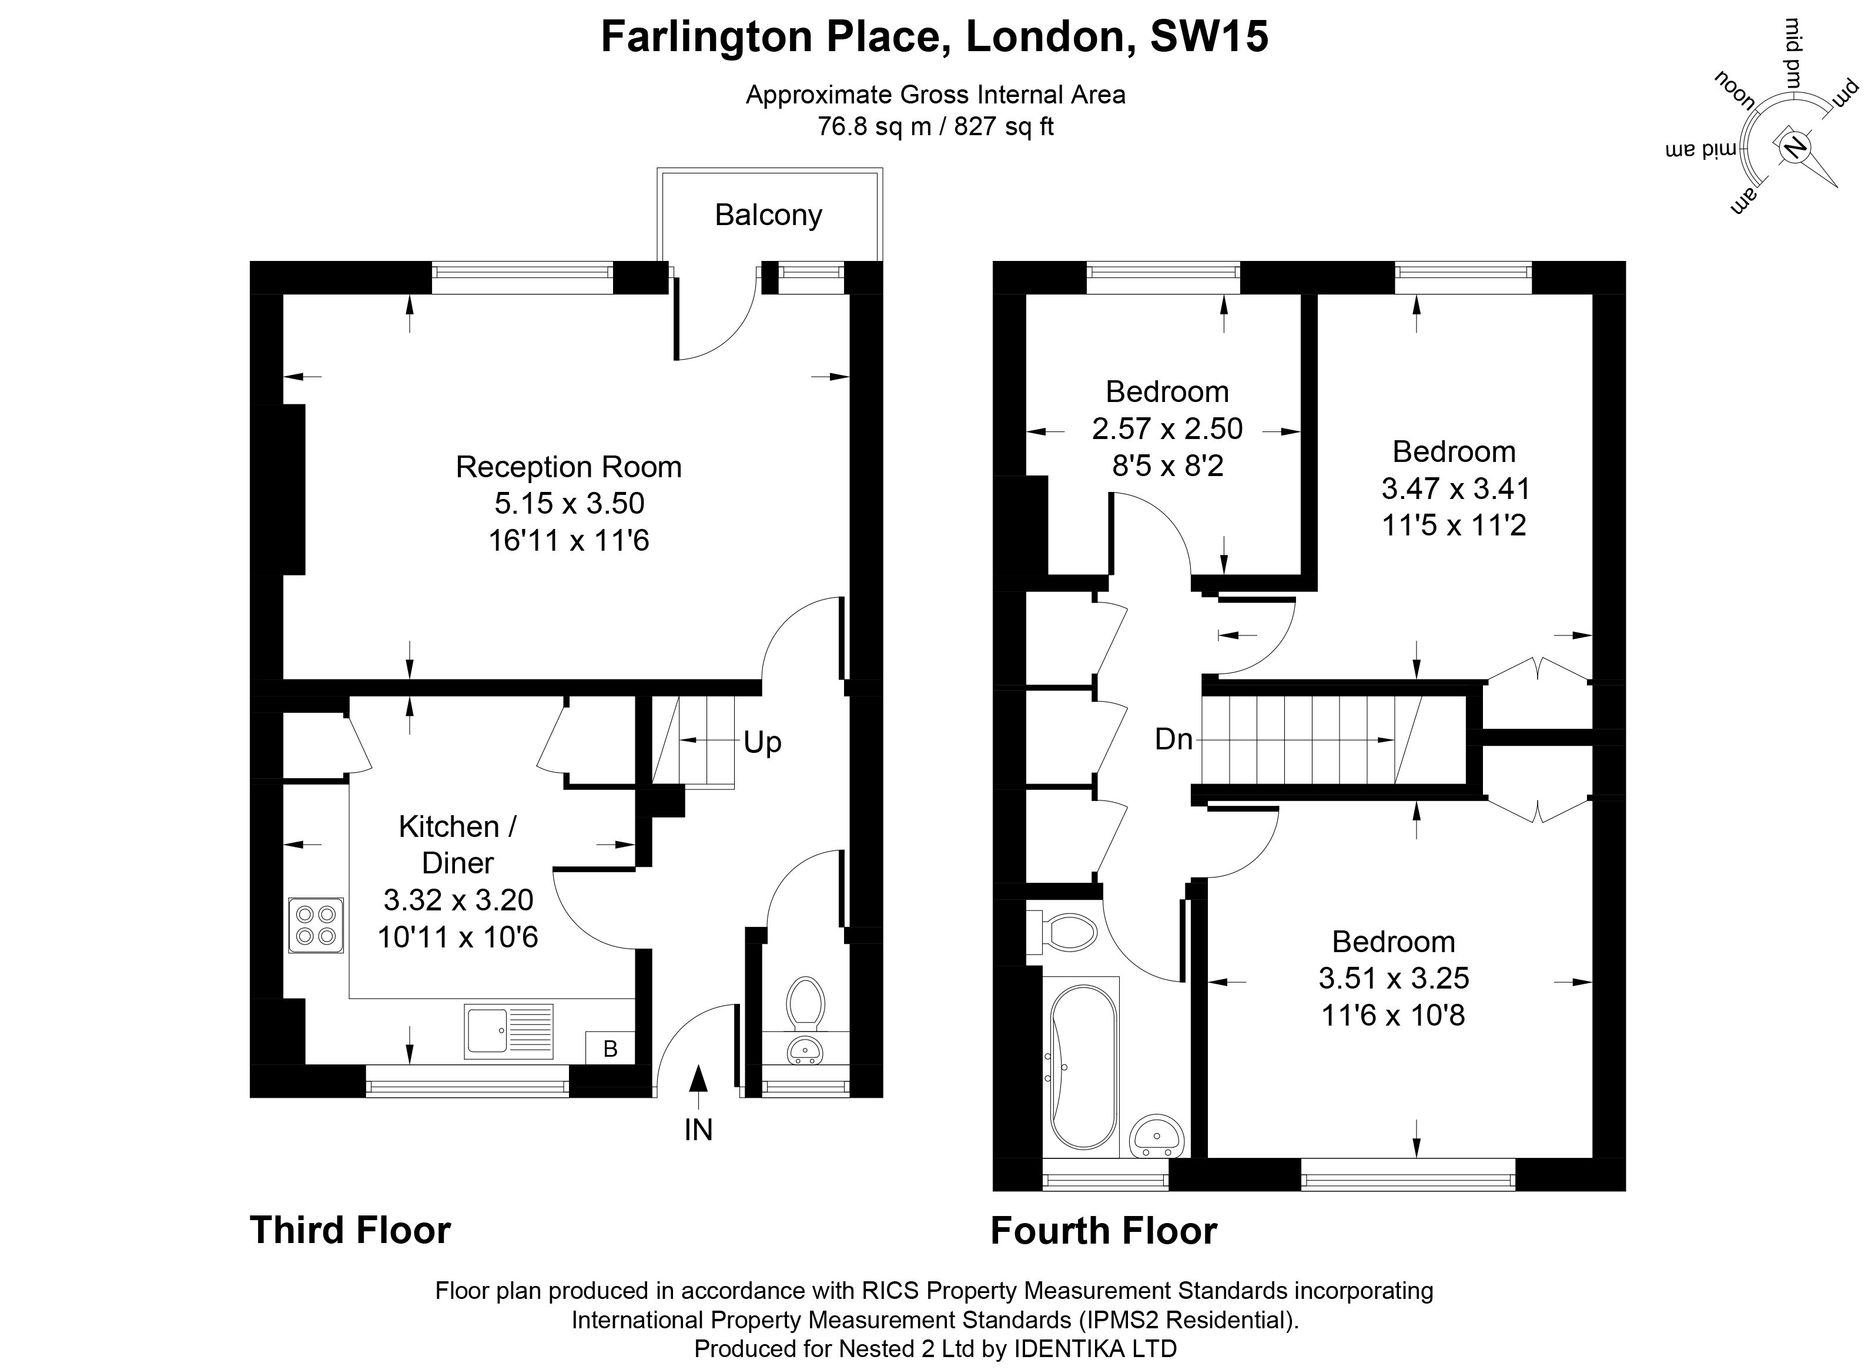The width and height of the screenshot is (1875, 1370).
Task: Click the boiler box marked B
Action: [610, 1049]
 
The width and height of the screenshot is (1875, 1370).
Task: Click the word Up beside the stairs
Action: [762, 743]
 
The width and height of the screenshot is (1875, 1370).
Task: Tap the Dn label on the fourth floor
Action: [1173, 739]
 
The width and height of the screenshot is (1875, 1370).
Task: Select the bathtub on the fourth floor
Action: [1083, 1067]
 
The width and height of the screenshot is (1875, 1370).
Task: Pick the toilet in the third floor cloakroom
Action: [805, 1002]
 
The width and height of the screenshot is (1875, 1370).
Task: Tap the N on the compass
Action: [1794, 170]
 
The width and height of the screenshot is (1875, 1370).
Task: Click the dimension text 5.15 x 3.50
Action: [569, 503]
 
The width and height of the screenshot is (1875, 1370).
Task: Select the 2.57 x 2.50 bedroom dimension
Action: [1167, 428]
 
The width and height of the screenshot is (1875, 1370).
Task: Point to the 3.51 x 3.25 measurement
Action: [1393, 979]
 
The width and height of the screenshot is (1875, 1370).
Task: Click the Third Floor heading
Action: [350, 1230]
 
